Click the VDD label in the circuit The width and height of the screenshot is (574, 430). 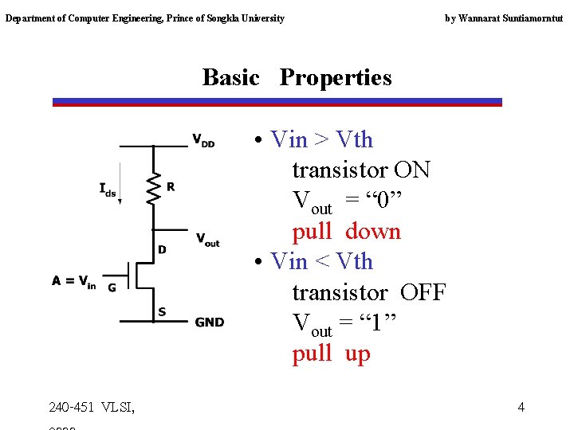pos(202,141)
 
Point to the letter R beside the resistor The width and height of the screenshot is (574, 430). pos(171,187)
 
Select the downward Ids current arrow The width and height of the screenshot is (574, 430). pos(120,183)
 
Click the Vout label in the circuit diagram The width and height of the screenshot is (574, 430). pos(207,239)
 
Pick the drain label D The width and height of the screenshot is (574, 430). pos(162,249)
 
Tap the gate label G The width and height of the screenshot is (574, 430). pos(112,287)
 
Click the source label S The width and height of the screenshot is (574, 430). pos(162,311)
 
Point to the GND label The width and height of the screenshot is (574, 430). pos(210,322)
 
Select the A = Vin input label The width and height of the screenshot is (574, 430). pos(73,280)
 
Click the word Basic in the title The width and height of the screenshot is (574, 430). pos(231,77)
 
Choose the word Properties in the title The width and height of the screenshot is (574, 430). pos(336,77)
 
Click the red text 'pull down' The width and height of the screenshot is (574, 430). pos(346,232)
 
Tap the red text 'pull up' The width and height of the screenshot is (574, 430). pos(331,354)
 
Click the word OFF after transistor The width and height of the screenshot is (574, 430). pos(423,292)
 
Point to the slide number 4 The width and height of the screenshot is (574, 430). pos(521,408)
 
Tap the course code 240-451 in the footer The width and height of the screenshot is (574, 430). pos(72,408)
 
